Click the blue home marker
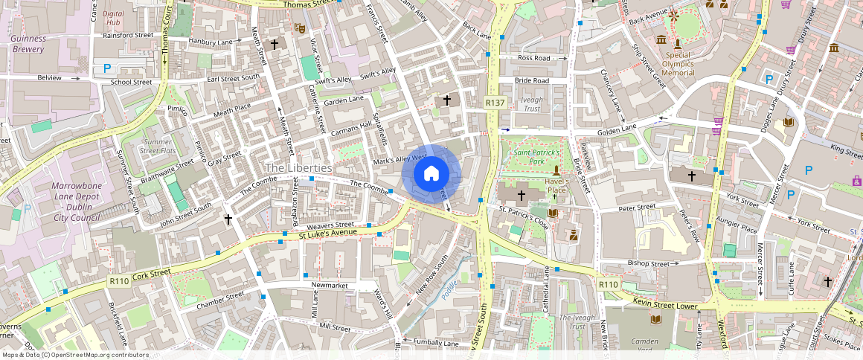click(x=431, y=175)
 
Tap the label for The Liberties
click(x=298, y=168)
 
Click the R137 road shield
click(x=495, y=102)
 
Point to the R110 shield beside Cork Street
click(x=119, y=281)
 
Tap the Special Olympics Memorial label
click(x=678, y=64)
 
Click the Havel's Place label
click(x=557, y=185)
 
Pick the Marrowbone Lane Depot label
click(x=76, y=202)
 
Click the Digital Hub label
click(x=113, y=18)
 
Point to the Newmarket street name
click(x=329, y=285)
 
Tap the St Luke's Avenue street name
click(x=328, y=232)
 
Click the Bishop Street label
click(x=648, y=263)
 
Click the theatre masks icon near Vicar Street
click(x=300, y=28)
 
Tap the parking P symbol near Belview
click(x=107, y=68)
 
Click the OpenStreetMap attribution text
click(x=75, y=355)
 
